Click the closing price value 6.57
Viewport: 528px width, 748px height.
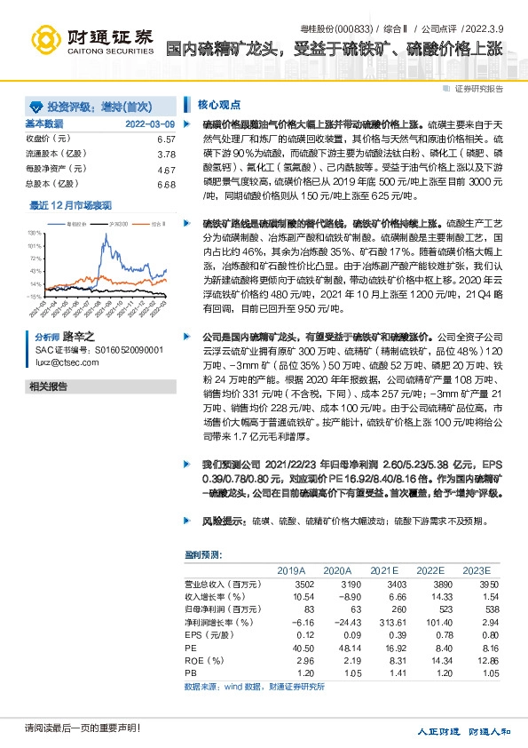coord(166,140)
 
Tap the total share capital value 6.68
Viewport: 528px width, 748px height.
coord(166,184)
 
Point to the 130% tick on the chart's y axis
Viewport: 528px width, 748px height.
coord(35,230)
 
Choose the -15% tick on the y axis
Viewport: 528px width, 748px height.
coord(34,296)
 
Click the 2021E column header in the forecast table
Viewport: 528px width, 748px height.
coord(383,570)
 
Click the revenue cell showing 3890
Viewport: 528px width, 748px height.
coord(430,584)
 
